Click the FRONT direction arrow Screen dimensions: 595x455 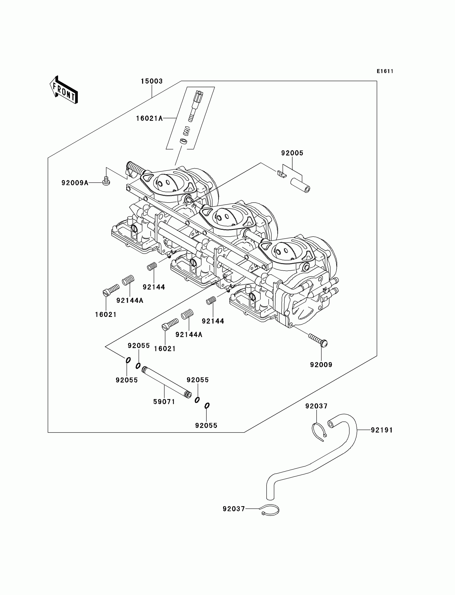(x=64, y=90)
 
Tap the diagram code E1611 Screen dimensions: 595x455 (x=385, y=71)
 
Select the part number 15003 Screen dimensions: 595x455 (x=152, y=81)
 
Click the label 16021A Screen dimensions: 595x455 (x=149, y=118)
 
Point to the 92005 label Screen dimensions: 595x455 (x=292, y=153)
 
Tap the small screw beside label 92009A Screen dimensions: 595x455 (x=106, y=181)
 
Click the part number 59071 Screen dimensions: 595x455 (x=164, y=402)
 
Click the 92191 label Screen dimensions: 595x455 (x=382, y=430)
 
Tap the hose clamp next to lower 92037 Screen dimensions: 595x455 (x=270, y=510)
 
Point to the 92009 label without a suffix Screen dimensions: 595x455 (x=321, y=365)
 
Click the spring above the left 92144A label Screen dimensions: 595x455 (x=128, y=280)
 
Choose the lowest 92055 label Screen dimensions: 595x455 (x=206, y=426)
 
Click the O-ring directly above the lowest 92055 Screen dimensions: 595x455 (x=207, y=405)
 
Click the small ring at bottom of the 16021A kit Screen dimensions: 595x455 (x=184, y=141)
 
